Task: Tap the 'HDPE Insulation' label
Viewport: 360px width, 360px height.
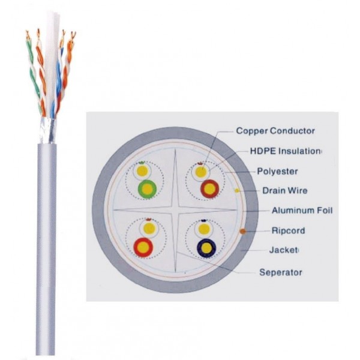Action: tap(277, 151)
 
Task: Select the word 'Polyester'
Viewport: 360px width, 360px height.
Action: tap(277, 171)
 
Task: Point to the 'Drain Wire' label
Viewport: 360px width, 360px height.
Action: tap(284, 191)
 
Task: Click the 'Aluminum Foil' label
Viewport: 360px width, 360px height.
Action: tap(302, 211)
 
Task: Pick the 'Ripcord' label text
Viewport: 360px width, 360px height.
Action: tap(288, 230)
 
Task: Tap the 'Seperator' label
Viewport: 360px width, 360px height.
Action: tap(280, 272)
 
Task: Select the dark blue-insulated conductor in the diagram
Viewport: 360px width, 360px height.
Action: tap(206, 247)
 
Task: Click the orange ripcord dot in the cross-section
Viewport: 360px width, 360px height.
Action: tap(242, 230)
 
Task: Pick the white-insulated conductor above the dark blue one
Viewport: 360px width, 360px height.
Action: tap(204, 229)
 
